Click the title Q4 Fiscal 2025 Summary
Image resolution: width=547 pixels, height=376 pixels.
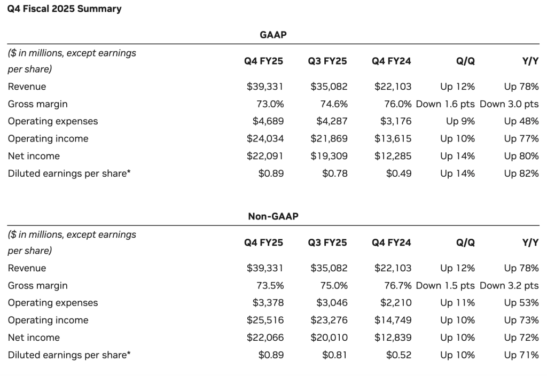(x=64, y=9)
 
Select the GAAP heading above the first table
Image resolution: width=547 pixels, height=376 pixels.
(x=273, y=35)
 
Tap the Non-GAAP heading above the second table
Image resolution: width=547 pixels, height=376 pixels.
(x=273, y=216)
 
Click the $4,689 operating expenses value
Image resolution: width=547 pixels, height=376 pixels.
(x=268, y=121)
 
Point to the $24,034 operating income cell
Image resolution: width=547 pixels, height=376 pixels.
(x=265, y=139)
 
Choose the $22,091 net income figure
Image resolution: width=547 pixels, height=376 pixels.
(x=265, y=156)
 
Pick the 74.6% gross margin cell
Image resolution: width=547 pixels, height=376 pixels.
(x=333, y=104)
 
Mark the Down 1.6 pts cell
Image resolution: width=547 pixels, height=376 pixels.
(x=445, y=104)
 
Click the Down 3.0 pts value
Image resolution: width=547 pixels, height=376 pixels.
(x=509, y=104)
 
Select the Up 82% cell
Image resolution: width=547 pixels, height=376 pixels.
(x=521, y=174)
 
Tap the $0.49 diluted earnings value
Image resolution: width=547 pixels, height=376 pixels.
(x=398, y=174)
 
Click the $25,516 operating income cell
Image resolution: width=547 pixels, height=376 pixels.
(x=265, y=320)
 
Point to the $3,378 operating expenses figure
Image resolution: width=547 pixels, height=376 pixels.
(x=268, y=303)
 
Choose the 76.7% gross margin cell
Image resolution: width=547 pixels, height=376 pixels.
(x=398, y=286)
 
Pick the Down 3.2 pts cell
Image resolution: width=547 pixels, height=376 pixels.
(x=509, y=286)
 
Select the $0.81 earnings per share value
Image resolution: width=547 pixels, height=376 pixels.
(x=335, y=355)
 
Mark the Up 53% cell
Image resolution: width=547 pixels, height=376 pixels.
(x=521, y=303)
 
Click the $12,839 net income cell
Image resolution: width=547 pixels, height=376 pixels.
(x=393, y=338)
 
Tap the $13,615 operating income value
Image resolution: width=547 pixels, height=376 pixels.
(x=393, y=139)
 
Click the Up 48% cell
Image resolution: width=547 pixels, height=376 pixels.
(x=521, y=121)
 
